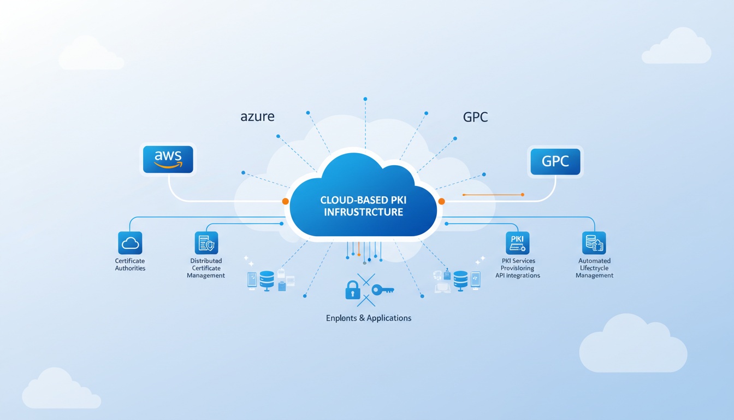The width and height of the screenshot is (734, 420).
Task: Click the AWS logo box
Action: click(167, 159)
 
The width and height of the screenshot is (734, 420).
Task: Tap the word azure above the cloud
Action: click(257, 116)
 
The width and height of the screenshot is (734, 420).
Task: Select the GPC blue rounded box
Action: click(555, 161)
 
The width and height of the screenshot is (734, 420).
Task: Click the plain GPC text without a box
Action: click(475, 116)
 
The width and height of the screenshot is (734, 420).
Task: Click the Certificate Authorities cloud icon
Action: click(130, 243)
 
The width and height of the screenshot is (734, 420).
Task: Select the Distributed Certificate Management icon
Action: click(206, 243)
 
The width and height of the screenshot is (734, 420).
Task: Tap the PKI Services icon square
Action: click(518, 243)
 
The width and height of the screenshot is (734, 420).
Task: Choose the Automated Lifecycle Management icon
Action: click(594, 243)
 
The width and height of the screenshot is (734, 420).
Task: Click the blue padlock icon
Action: click(353, 289)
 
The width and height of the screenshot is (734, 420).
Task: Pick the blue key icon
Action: click(382, 289)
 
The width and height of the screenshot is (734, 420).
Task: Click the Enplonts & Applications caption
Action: click(368, 318)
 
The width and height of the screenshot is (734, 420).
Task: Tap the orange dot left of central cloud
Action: click(285, 201)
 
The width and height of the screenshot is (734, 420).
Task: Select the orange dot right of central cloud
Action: click(441, 201)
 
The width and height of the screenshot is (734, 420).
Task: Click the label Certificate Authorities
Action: click(130, 265)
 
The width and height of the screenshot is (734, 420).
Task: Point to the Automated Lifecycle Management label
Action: click(594, 268)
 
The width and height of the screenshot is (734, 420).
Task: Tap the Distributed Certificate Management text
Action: click(206, 268)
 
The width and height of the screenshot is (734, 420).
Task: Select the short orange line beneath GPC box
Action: click(493, 194)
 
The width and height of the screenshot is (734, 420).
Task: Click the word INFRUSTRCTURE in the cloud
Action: click(363, 212)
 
